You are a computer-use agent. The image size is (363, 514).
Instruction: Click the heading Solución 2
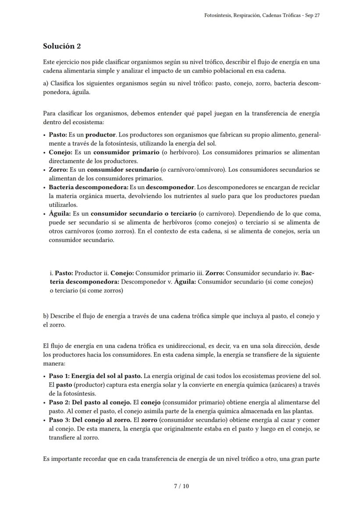coord(62,46)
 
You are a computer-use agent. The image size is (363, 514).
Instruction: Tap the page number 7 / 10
coord(181,486)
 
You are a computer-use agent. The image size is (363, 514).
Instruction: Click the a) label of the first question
coord(46,83)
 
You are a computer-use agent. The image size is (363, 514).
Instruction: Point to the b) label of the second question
coord(46,316)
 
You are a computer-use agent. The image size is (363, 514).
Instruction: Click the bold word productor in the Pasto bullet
coord(100,134)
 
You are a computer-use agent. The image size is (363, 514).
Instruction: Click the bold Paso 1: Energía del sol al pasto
coord(95,376)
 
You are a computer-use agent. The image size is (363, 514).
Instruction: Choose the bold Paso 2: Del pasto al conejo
coord(90,402)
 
